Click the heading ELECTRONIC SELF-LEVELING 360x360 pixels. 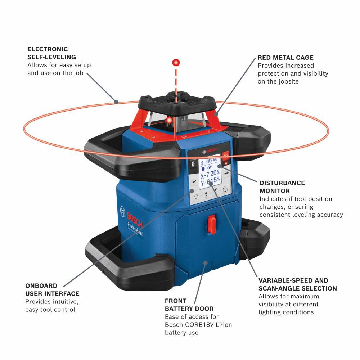click(x=52, y=53)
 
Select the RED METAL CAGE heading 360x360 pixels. click(x=285, y=58)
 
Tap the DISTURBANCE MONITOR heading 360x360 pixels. click(x=282, y=187)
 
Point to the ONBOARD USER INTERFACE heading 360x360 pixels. click(x=52, y=289)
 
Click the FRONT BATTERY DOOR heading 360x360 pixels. click(x=189, y=305)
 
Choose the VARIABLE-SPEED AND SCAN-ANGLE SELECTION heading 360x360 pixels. click(x=297, y=284)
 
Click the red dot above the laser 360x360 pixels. click(x=176, y=63)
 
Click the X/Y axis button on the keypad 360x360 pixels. click(x=226, y=189)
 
